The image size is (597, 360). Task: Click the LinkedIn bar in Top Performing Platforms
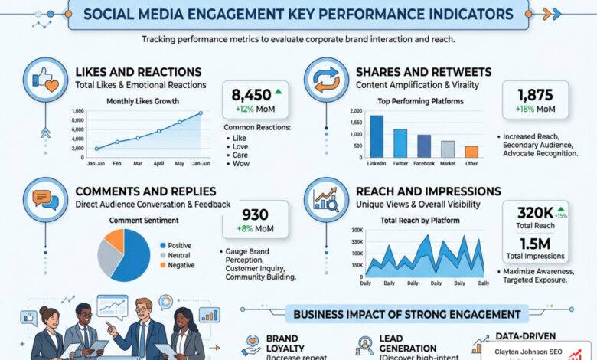click(x=377, y=136)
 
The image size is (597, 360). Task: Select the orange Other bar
click(x=471, y=151)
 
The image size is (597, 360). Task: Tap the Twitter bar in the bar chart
click(x=400, y=142)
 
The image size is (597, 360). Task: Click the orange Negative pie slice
click(x=115, y=241)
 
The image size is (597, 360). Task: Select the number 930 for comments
click(x=254, y=215)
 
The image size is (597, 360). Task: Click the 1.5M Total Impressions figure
click(x=535, y=244)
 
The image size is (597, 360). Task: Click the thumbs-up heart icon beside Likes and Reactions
click(x=43, y=77)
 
